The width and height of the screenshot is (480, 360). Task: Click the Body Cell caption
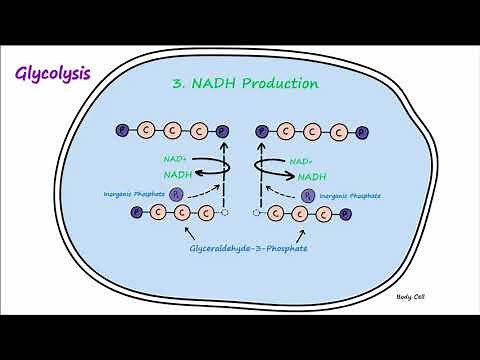click(412, 297)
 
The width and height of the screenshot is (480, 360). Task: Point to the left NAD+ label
click(176, 158)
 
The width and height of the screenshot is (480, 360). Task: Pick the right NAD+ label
click(298, 160)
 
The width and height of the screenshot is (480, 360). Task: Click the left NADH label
click(178, 173)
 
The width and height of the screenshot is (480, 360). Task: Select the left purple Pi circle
click(177, 194)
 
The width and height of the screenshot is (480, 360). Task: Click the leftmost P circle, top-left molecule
click(122, 130)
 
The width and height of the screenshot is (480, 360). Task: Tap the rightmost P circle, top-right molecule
click(361, 130)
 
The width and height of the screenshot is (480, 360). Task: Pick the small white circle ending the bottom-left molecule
click(226, 212)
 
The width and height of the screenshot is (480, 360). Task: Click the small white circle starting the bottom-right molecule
click(257, 212)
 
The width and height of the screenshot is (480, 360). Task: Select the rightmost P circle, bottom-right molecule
click(345, 213)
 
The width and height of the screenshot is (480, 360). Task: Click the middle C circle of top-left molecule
click(173, 130)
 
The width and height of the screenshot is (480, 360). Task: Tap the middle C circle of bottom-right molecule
click(301, 213)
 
